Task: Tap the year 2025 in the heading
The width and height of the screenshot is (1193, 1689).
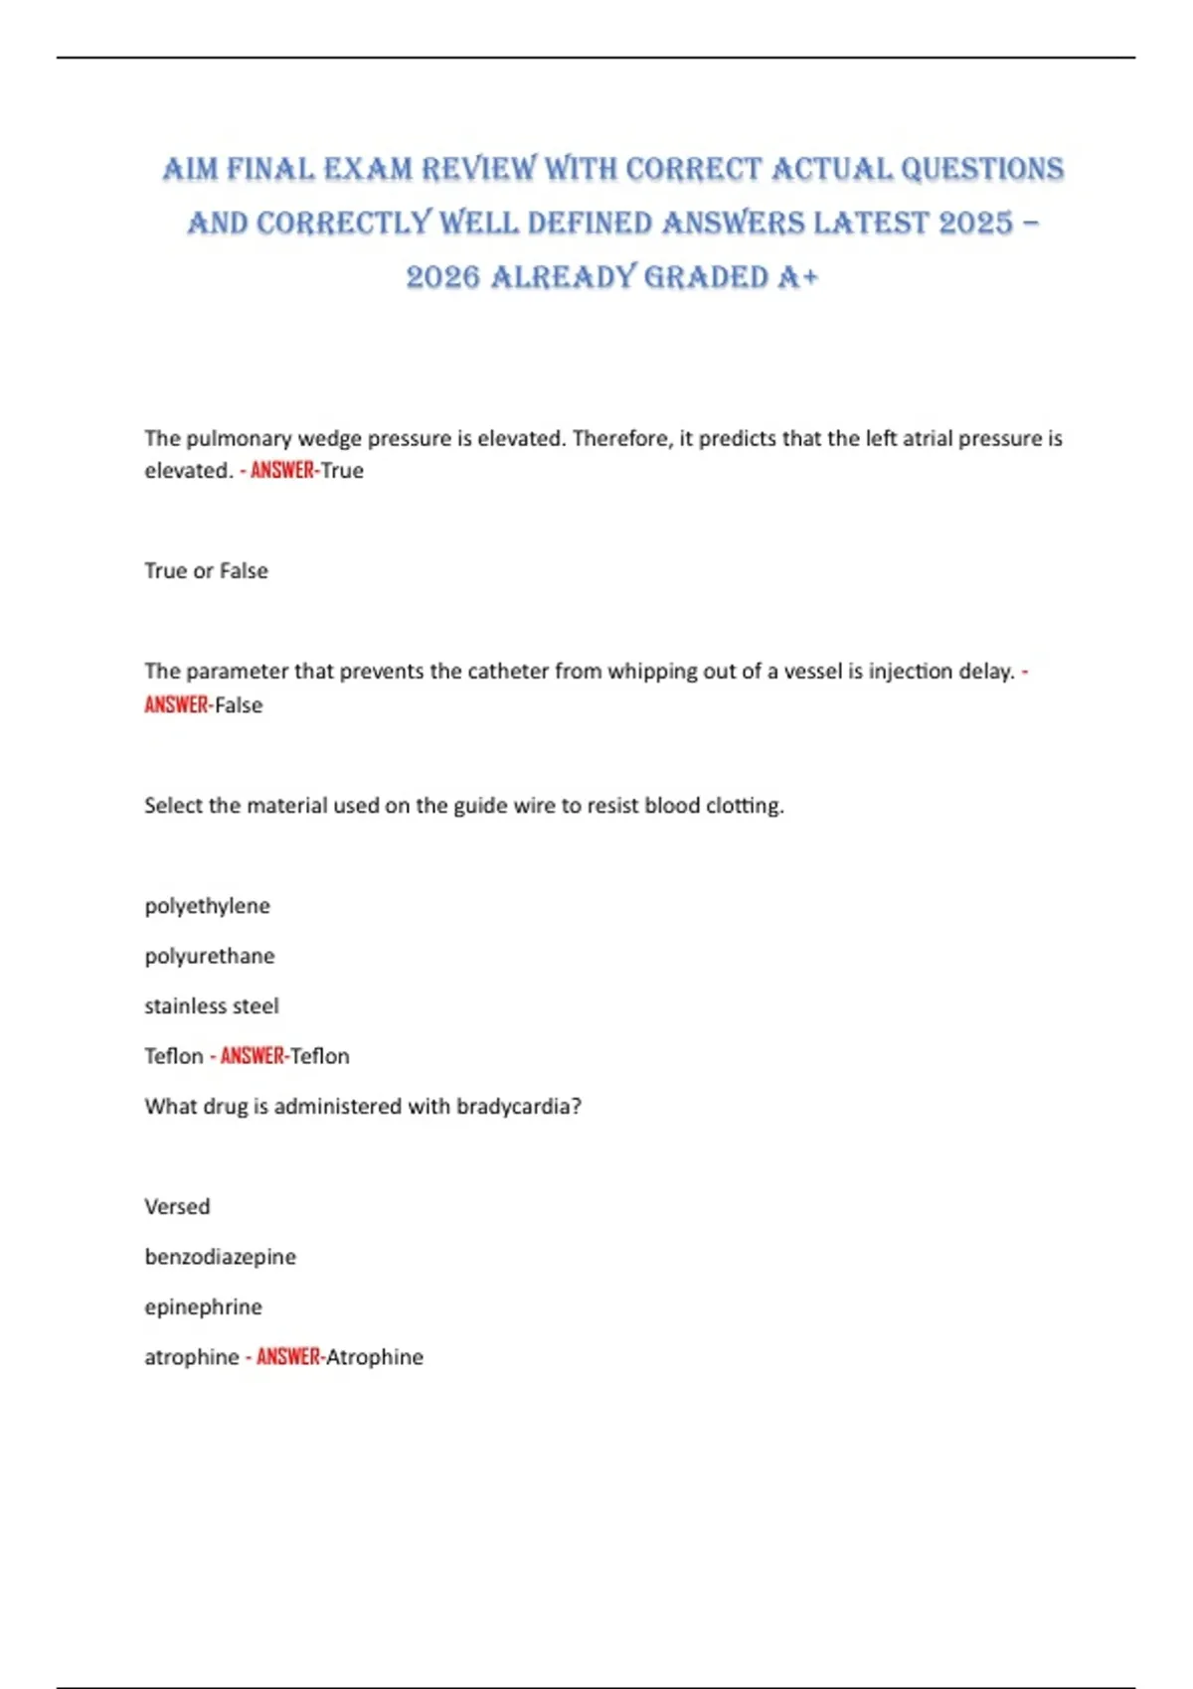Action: coord(974,224)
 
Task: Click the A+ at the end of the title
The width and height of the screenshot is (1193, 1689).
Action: coord(798,277)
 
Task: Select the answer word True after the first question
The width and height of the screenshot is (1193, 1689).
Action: coord(342,471)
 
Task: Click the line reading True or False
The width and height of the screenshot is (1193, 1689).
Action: coord(206,571)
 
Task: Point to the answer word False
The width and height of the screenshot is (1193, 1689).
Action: coord(239,705)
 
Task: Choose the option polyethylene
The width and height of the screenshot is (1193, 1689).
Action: coord(207,906)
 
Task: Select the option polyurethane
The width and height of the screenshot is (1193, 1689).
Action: coord(210,956)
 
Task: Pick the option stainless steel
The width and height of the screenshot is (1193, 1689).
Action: coord(212,1006)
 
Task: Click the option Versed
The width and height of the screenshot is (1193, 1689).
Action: coord(177,1207)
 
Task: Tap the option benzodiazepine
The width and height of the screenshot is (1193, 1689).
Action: coord(220,1257)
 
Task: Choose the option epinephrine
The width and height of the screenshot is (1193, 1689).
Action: coord(203,1307)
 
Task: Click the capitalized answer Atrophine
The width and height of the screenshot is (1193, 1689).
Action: coord(375,1357)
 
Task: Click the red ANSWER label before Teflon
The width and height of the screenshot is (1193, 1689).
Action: coord(252,1056)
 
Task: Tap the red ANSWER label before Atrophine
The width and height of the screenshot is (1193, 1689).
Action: coord(288,1357)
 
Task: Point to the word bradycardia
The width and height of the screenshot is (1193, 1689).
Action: coord(518,1107)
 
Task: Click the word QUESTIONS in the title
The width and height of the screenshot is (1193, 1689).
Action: coord(982,170)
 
